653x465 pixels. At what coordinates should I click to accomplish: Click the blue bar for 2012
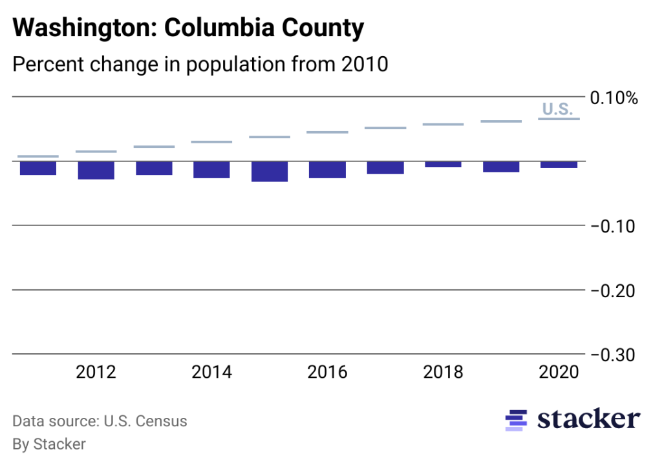point(96,170)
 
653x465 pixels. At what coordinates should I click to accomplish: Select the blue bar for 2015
point(270,171)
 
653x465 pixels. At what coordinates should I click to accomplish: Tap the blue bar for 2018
point(443,164)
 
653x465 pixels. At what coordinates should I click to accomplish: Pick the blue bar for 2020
point(559,165)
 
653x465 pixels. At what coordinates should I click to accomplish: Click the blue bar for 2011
point(38,168)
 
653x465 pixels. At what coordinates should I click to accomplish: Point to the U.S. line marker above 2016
point(327,132)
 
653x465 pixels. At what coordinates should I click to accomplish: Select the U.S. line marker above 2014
point(211,141)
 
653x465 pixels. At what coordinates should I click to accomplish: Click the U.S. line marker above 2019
point(501,121)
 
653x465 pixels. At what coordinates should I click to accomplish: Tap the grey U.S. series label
point(557,109)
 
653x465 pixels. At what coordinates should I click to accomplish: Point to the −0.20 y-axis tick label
point(614,291)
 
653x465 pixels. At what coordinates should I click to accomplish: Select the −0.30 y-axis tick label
point(614,355)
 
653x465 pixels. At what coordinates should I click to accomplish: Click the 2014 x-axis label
point(211,373)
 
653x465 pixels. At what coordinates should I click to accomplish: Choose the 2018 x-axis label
point(443,373)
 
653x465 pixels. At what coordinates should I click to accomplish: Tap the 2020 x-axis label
point(559,373)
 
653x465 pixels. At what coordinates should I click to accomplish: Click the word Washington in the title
point(84,28)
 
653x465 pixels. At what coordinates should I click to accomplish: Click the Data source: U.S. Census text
point(100,422)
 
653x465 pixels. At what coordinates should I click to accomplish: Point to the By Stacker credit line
point(49,444)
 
